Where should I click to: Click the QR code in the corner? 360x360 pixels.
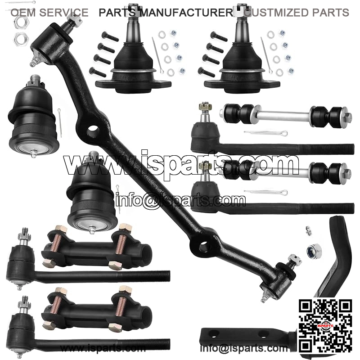(325, 326)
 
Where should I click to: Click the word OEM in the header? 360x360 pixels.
(23, 13)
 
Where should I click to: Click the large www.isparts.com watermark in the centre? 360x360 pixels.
(181, 163)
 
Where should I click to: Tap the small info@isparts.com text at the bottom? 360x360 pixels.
(243, 348)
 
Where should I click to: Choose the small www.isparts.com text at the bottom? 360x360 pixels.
(103, 348)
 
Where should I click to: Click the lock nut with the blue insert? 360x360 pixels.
(313, 250)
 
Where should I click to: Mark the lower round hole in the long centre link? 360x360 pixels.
(203, 247)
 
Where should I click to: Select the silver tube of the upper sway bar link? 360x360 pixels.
(285, 113)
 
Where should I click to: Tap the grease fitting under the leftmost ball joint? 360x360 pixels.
(33, 153)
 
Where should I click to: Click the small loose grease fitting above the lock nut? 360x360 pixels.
(308, 230)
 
